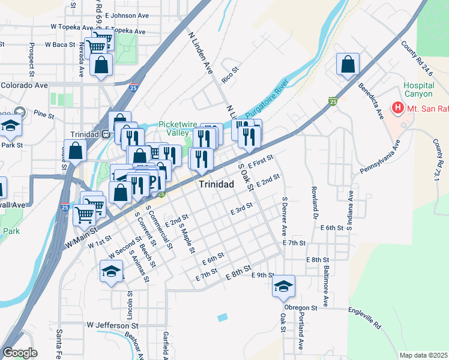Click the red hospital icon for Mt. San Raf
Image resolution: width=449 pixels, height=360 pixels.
397,108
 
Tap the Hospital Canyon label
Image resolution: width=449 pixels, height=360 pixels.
418,90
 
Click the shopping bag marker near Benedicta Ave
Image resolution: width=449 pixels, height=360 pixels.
348,66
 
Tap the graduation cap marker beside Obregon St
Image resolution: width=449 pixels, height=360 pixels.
283,287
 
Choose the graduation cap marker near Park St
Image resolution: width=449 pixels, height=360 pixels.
11,127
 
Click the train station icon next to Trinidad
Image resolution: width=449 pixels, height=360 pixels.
105,134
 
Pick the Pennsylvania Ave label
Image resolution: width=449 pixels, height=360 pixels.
380,158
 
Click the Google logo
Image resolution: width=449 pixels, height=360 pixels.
20,353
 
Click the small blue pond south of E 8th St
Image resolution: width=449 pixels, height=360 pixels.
223,316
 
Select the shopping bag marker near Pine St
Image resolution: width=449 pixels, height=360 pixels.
76,151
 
